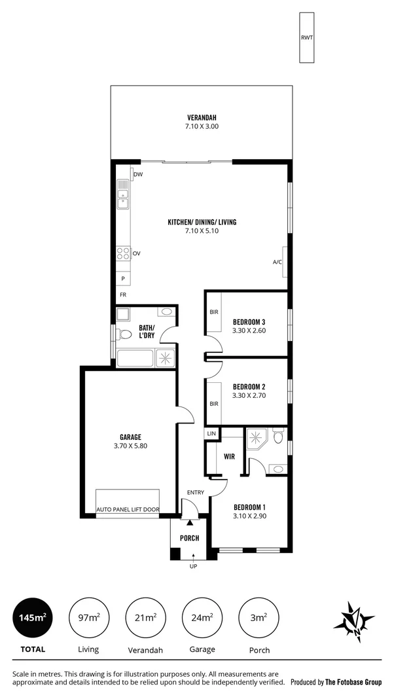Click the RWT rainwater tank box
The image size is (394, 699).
306,38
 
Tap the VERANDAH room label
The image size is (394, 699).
201,118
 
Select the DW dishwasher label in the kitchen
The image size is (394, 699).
138,175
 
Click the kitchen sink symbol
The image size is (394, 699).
123,194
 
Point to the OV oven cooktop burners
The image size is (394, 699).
122,253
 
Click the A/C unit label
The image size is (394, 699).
277,262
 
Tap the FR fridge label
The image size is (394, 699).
122,295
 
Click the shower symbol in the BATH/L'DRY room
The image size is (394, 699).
165,358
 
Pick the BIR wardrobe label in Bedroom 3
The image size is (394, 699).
214,312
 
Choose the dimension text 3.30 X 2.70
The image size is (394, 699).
249,396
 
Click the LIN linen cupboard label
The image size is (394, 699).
211,433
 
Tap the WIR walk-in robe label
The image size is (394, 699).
229,456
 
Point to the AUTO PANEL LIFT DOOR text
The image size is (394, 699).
128,509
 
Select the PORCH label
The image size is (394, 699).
189,539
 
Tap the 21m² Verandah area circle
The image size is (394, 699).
145,617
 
